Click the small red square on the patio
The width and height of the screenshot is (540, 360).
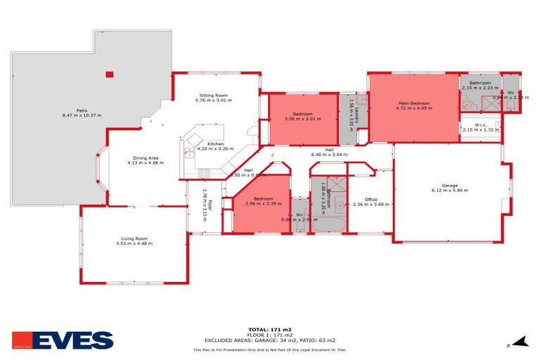109,74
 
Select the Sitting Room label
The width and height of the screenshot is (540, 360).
213,98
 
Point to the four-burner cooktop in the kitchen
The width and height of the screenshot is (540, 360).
203,172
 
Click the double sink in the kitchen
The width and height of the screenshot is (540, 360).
188,150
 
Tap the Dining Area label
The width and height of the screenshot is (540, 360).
145,160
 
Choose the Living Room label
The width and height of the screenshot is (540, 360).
134,241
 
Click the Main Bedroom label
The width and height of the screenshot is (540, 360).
412,106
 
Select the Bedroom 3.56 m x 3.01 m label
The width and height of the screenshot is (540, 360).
302,116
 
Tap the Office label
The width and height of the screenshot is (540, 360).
370,202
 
